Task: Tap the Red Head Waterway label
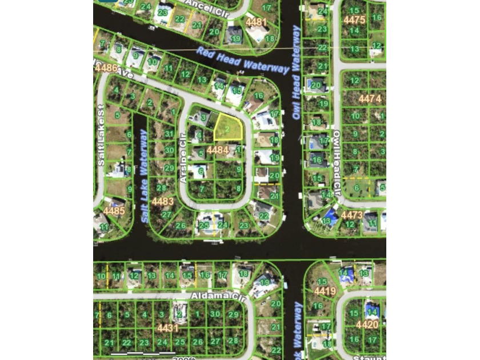click(242, 60)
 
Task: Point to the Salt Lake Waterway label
click(145, 176)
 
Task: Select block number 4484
click(218, 150)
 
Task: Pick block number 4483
click(163, 201)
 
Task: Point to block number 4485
click(114, 211)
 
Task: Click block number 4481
click(256, 22)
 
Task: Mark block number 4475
click(354, 20)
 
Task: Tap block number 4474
click(369, 98)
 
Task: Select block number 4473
click(351, 215)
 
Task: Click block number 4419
click(325, 291)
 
